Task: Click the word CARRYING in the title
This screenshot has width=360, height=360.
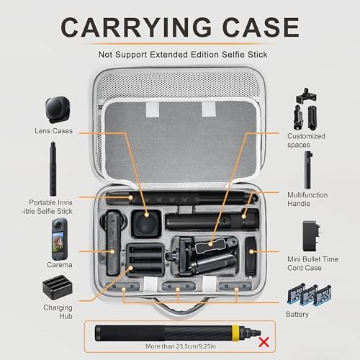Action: point(136,27)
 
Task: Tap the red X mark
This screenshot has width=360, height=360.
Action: point(264,342)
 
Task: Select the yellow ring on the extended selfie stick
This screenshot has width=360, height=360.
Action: point(235,333)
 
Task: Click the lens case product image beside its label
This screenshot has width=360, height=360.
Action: point(58,110)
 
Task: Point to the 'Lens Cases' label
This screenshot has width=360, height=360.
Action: point(53,131)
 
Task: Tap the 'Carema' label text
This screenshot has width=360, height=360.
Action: point(60,265)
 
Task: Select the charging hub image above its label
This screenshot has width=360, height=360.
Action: point(58,287)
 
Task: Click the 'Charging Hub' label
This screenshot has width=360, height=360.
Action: point(58,312)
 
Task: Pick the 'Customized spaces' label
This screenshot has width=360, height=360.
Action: point(306,140)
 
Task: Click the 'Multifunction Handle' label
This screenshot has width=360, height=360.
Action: point(307,199)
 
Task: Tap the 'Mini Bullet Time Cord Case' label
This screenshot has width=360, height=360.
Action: point(312,264)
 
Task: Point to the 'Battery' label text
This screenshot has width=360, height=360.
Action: point(297,314)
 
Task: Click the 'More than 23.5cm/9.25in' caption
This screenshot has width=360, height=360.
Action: point(181,346)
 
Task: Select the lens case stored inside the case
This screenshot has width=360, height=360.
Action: point(146,223)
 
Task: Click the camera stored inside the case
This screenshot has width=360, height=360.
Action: point(112,243)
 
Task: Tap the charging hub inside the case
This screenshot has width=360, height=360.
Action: point(145,260)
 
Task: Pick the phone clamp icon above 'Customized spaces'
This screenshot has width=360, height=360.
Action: point(306,96)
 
